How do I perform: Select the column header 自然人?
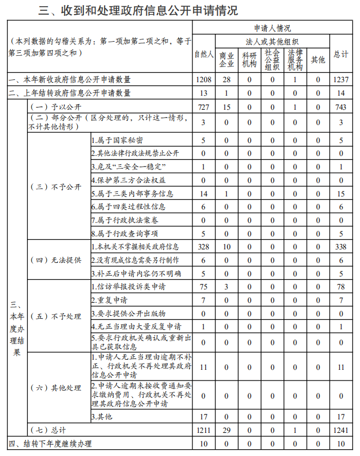(204, 55)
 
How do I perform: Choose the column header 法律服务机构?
(295, 59)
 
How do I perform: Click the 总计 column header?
(341, 55)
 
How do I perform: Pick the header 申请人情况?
(272, 27)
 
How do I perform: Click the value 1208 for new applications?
(204, 80)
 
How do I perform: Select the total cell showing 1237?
(341, 80)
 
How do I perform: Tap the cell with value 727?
(204, 107)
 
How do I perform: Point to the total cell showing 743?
(341, 107)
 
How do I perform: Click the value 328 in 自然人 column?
(204, 247)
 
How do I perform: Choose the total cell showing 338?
(341, 247)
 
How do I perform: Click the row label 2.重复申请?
(109, 300)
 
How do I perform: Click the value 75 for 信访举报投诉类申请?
(204, 287)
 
